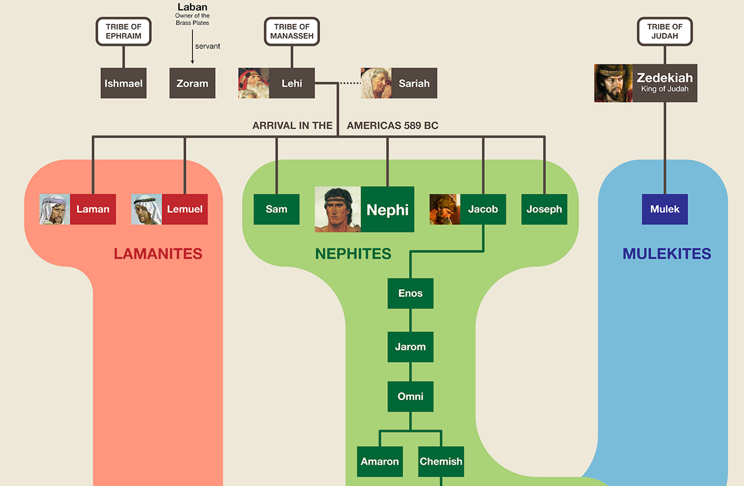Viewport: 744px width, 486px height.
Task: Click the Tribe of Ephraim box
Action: point(123,31)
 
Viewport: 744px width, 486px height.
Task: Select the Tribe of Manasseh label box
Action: point(292,31)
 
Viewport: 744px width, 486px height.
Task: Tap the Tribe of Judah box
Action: point(664,31)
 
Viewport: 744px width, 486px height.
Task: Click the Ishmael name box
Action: point(123,83)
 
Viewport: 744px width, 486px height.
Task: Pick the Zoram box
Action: point(192,83)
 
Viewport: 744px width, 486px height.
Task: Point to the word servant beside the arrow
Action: point(207,46)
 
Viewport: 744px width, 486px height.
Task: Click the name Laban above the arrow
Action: point(192,7)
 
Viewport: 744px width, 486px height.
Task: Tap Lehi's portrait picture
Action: point(254,83)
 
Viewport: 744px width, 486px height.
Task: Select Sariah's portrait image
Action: point(376,83)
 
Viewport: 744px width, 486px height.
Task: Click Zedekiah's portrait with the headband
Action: point(613,83)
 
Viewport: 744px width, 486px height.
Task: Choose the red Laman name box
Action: point(93,209)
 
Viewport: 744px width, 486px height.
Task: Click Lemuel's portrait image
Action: point(147,209)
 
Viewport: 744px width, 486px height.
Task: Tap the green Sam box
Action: point(276,209)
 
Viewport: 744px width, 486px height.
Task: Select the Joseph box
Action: point(544,209)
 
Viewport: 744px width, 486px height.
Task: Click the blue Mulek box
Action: point(664,209)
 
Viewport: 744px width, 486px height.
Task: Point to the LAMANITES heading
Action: point(158,254)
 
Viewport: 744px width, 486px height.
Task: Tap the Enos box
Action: point(410,293)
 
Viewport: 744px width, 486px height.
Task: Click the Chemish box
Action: point(441,461)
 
